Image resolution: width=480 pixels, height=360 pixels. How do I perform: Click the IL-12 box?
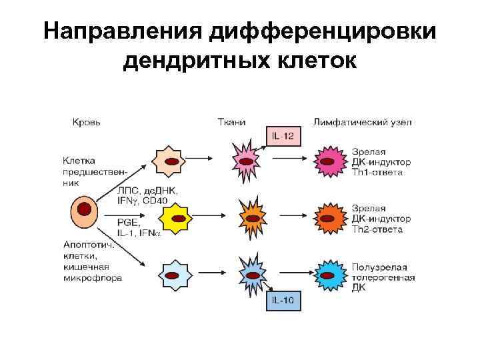point(285,137)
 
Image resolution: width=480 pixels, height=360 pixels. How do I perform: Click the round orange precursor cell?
point(84,211)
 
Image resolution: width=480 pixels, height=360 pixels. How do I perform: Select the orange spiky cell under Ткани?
point(253,216)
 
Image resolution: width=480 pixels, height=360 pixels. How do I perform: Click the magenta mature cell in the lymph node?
point(330,161)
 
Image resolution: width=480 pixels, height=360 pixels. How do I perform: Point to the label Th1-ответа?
point(377,172)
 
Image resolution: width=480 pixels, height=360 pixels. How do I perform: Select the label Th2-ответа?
point(377,229)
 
